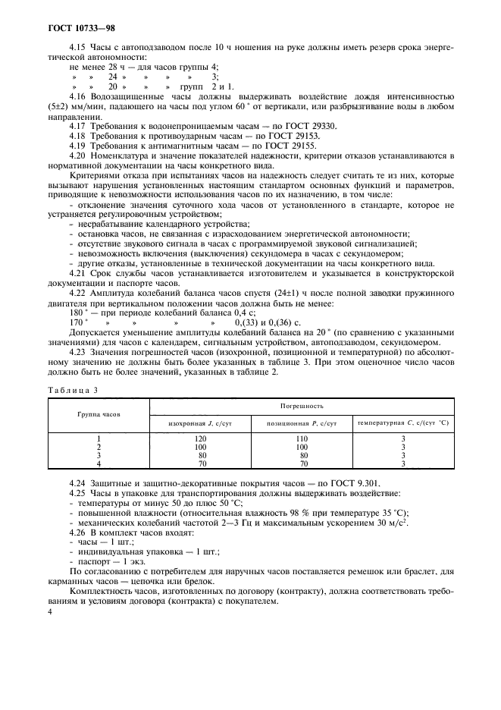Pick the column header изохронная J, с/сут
200,422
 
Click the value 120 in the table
200,439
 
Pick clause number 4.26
78,533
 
